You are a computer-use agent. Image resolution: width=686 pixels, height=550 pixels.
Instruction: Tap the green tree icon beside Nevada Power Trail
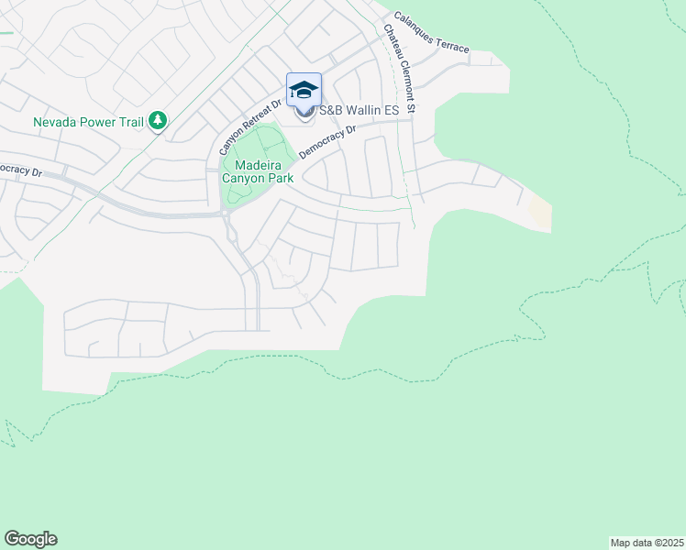point(158,120)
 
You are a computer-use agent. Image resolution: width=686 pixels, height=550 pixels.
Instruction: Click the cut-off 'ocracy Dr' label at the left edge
point(21,170)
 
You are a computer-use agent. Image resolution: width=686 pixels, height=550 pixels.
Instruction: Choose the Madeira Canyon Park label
point(258,171)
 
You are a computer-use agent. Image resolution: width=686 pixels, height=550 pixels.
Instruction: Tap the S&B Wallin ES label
point(358,111)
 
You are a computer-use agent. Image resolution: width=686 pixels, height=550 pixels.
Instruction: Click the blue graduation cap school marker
point(304,90)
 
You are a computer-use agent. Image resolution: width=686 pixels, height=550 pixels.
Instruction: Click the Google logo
point(30,539)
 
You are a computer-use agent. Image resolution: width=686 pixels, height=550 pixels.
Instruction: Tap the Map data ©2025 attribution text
point(647,543)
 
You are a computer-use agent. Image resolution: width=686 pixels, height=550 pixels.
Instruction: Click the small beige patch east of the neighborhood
point(541,214)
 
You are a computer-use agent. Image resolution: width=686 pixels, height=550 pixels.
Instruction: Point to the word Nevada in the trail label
point(53,121)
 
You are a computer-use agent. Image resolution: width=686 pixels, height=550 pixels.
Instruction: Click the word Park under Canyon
point(280,178)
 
